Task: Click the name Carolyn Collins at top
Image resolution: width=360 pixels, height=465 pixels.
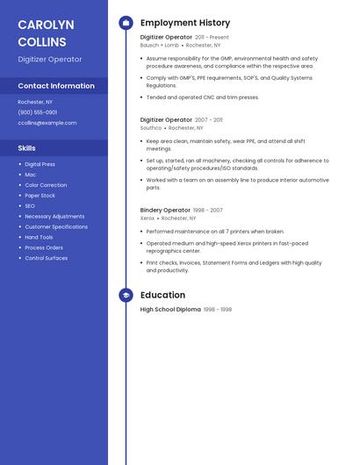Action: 46,32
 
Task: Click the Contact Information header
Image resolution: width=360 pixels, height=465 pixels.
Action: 56,86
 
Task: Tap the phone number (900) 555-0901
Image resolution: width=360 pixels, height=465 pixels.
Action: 38,112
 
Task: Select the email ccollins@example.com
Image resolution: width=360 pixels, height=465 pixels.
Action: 47,123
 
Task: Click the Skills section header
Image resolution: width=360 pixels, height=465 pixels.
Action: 26,148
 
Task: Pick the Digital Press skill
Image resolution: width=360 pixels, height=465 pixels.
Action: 40,164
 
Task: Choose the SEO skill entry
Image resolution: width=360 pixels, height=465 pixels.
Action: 30,206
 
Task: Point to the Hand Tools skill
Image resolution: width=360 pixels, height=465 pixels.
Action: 39,237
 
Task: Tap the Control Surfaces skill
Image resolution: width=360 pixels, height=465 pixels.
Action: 46,258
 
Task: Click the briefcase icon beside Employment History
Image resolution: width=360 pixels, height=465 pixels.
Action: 126,23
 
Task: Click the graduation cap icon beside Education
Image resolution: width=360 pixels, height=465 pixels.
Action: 126,296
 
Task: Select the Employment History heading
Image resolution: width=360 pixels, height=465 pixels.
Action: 185,23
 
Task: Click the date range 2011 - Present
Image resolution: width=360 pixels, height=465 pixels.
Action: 212,38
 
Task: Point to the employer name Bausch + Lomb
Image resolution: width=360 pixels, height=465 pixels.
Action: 159,45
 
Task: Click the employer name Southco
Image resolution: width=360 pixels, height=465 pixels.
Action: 151,127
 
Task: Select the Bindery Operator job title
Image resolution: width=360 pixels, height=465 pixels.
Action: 165,211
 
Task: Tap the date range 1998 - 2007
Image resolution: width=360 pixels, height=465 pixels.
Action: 208,211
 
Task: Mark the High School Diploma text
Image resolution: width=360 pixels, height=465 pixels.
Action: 170,310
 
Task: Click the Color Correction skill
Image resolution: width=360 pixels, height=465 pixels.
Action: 46,185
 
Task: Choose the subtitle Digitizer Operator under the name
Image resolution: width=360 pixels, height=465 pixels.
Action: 50,59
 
